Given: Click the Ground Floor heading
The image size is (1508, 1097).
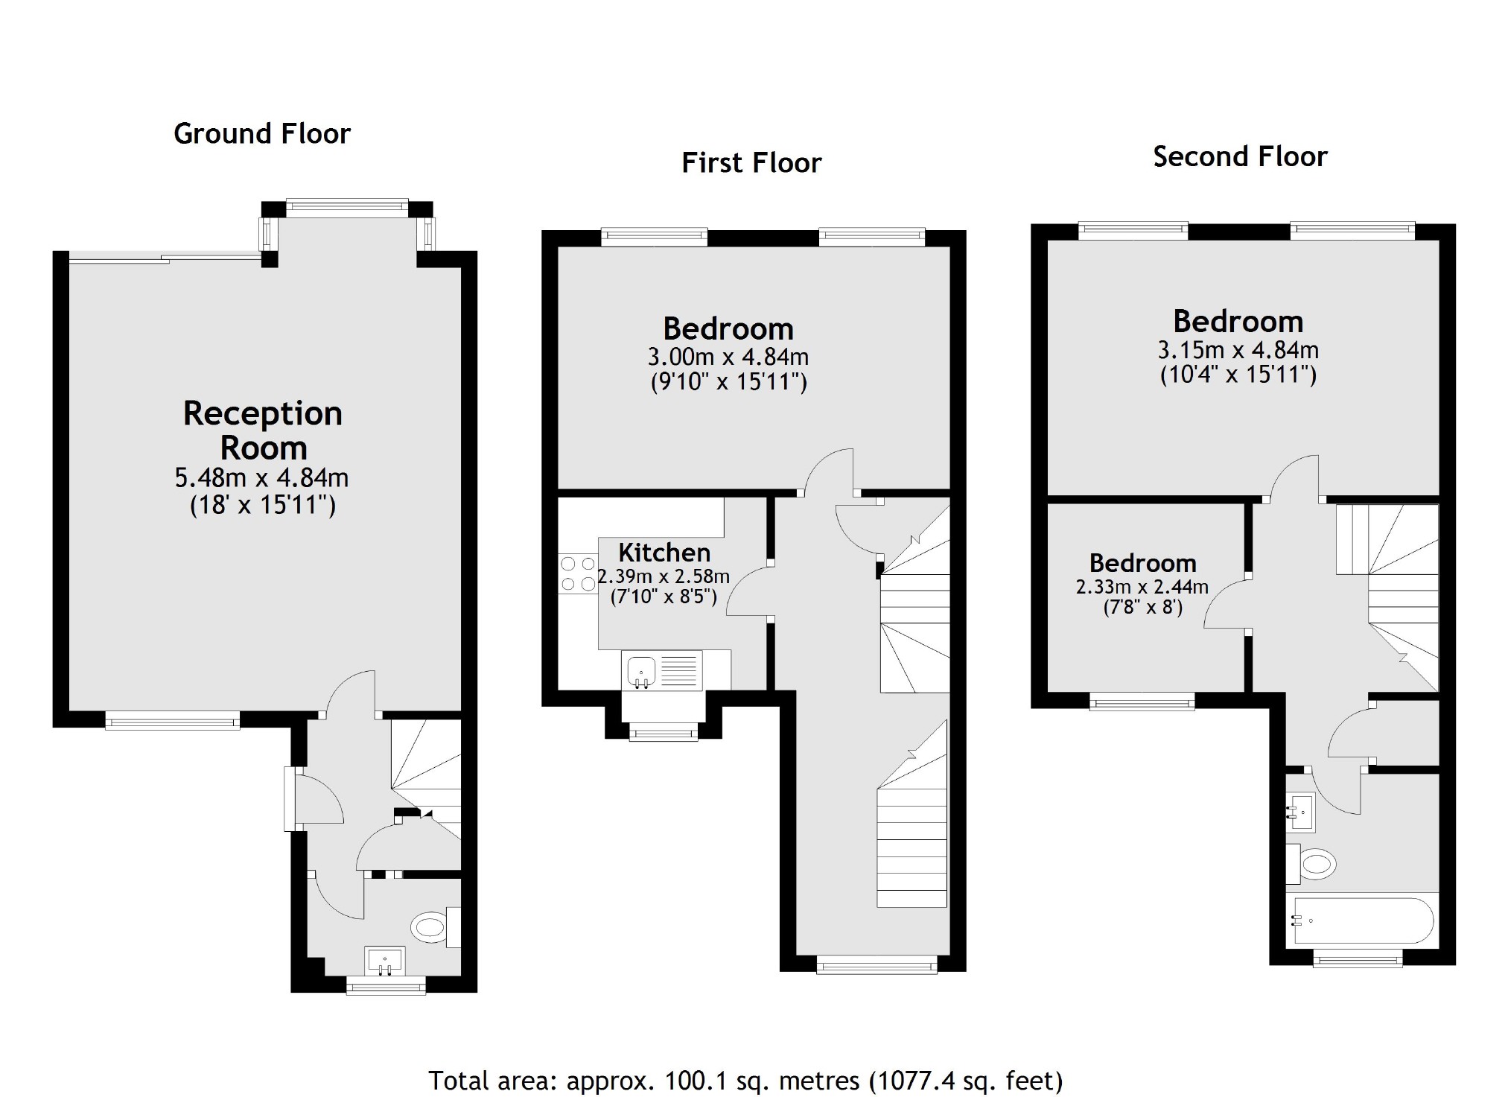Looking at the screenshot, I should click(261, 134).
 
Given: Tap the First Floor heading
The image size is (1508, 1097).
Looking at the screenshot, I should click(751, 163).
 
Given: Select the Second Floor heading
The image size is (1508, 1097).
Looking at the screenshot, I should click(1240, 157).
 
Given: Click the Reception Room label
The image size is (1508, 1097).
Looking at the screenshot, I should click(263, 430).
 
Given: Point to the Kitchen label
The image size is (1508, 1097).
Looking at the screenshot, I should click(664, 553).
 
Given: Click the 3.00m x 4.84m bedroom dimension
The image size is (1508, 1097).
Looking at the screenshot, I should click(728, 357).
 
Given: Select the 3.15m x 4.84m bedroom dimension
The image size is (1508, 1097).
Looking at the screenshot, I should click(1238, 350).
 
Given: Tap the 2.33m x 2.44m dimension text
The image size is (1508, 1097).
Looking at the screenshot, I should click(1142, 587).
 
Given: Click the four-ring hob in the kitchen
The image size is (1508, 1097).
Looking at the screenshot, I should click(578, 574).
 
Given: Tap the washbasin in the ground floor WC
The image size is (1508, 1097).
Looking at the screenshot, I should click(385, 960).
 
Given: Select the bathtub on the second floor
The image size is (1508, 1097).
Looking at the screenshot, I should click(1362, 920).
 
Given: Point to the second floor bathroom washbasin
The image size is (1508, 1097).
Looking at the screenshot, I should click(1301, 812).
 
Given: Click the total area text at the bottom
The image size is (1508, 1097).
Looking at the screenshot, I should click(745, 1080).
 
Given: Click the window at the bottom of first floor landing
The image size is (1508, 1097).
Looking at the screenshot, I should click(877, 966).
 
